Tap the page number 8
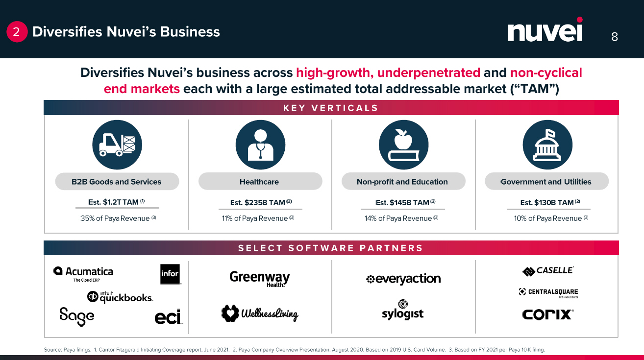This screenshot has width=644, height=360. pos(615,37)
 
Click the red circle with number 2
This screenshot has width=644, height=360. pos(16,32)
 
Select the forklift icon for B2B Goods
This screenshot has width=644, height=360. pos(117,144)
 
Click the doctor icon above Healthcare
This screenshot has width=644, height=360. pos(260,144)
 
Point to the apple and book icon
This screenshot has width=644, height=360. pos(403,144)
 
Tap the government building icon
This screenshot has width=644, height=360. pos(547,144)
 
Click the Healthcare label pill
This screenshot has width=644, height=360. pos(260,182)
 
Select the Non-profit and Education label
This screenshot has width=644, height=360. pos(402,182)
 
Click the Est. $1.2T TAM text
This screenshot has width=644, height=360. pos(117,202)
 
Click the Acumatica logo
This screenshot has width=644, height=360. pos(83,273)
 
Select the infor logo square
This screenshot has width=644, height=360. pos(170,274)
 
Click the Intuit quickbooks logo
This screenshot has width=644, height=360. pos(120,297)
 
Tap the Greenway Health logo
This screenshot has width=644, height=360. pos(259,279)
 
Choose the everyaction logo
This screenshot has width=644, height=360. pos(403,279)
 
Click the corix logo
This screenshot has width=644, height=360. pos(547,314)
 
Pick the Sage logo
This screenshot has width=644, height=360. pos(76,316)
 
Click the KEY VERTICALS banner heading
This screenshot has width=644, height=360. pos(331,108)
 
